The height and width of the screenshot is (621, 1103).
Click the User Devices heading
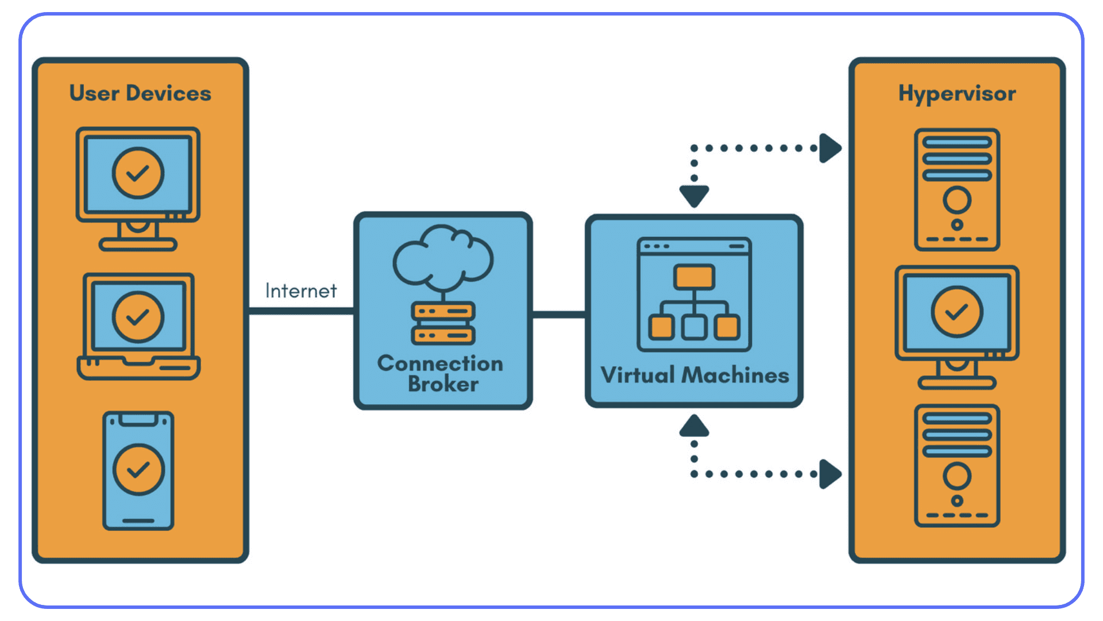[140, 93]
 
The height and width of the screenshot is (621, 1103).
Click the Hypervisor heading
[957, 94]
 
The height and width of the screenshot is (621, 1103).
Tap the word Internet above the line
[300, 291]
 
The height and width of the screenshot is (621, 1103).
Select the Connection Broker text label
[441, 374]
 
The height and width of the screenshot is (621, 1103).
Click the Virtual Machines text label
[694, 375]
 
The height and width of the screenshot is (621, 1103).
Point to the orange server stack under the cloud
[443, 323]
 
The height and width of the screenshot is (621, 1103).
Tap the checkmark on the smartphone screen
[138, 470]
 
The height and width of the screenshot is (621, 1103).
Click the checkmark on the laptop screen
[138, 317]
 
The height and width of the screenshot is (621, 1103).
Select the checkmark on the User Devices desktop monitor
[138, 173]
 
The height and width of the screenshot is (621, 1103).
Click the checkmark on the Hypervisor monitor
[957, 312]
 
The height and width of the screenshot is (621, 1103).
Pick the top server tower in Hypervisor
[957, 190]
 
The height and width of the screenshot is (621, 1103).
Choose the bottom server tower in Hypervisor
[957, 466]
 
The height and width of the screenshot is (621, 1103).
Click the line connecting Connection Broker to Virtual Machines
[558, 315]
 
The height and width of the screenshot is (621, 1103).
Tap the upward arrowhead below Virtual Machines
[694, 427]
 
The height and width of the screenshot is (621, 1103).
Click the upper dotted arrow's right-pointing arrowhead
[830, 148]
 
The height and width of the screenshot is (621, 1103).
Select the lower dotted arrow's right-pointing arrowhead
[830, 474]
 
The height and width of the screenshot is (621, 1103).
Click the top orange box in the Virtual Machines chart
[694, 277]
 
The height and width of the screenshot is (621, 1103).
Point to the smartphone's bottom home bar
[138, 521]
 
